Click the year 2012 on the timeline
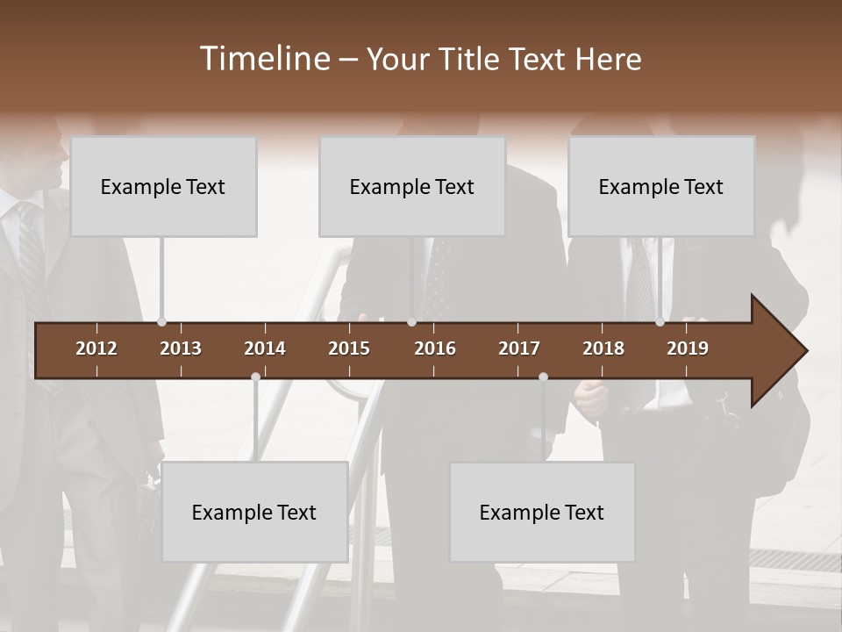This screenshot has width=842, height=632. click(x=96, y=348)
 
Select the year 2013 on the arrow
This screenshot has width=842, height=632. click(x=181, y=348)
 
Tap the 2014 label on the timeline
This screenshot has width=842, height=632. click(x=265, y=348)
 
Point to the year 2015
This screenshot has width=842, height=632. click(x=349, y=348)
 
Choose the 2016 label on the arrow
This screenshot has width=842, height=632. click(x=435, y=348)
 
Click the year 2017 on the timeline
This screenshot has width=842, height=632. click(x=519, y=348)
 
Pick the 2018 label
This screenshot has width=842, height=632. click(x=603, y=348)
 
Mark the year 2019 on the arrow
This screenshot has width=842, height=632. click(x=688, y=348)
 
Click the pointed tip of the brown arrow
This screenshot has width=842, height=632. click(x=804, y=351)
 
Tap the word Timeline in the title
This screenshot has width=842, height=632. click(x=266, y=59)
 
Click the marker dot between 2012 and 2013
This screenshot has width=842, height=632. click(x=161, y=322)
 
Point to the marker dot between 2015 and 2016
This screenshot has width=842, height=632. click(x=411, y=322)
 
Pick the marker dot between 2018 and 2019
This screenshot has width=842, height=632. click(x=660, y=322)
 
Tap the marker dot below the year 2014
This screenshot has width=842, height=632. click(x=255, y=377)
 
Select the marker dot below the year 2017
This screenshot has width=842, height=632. click(x=543, y=377)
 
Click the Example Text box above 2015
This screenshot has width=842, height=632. click(x=412, y=186)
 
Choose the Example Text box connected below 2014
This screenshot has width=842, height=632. click(x=254, y=512)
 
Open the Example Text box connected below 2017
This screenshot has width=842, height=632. click(x=542, y=512)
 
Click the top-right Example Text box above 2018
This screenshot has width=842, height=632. click(x=661, y=186)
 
